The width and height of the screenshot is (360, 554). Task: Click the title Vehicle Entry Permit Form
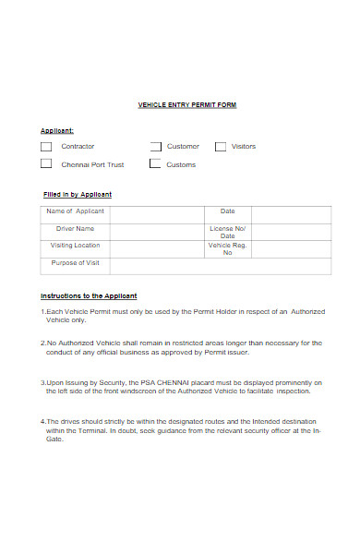point(186,105)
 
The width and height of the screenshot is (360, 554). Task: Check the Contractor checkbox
point(46,146)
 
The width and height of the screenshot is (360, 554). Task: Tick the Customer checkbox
point(155,146)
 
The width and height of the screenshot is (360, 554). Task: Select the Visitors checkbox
point(221,146)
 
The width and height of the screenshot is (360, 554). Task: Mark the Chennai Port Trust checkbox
point(46,164)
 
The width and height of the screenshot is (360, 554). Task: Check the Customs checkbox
point(155,164)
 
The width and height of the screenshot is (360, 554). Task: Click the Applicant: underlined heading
point(57,130)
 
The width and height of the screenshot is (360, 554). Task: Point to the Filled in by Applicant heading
point(78,195)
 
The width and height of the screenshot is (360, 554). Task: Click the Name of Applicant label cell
point(75,211)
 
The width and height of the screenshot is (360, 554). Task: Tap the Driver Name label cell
point(75,228)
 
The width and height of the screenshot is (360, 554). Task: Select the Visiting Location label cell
point(75,246)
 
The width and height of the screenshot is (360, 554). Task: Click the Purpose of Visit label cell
point(75,263)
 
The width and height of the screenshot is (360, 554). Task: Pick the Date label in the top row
point(228,211)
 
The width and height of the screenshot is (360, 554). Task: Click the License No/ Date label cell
point(228,232)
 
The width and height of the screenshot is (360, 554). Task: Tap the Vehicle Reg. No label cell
point(228,248)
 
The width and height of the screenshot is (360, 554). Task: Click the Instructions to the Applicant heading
point(89,295)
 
